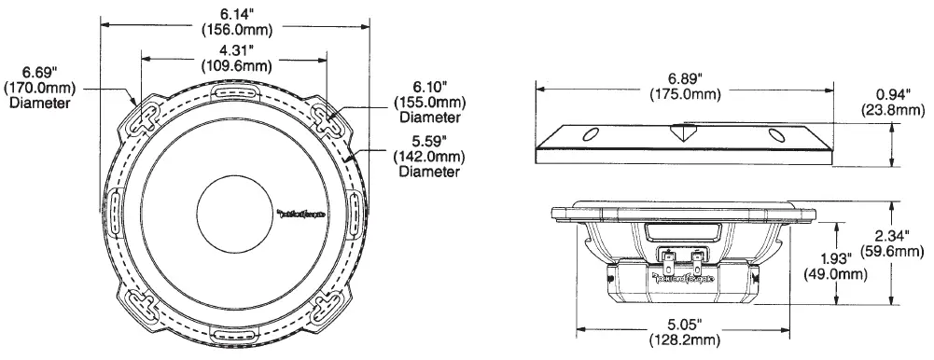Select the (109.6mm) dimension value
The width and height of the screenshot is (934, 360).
[x=235, y=65]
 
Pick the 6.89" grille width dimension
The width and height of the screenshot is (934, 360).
[x=685, y=78]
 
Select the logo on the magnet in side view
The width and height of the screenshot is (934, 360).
[x=685, y=277]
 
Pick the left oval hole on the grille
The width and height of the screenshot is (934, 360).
[x=590, y=135]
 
